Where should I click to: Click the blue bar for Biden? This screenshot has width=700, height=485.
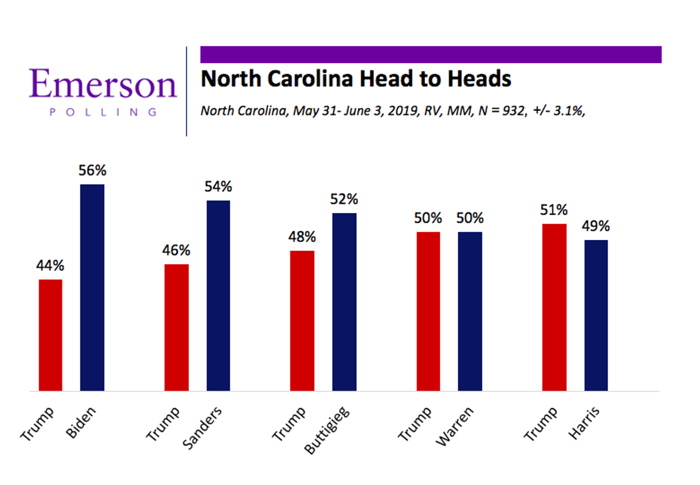(92, 287)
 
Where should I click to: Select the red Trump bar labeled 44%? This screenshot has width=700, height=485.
(50, 335)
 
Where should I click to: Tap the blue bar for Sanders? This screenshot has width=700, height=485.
(218, 295)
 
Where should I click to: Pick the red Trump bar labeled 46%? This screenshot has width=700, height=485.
(176, 327)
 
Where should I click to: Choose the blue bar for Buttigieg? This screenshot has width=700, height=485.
(344, 302)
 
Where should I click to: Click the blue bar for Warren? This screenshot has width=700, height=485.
(470, 311)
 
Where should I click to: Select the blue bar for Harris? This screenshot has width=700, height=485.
(596, 315)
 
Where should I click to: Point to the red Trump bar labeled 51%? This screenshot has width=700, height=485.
(554, 307)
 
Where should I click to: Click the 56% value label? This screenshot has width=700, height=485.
(92, 171)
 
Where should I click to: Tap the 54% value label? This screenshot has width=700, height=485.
(218, 187)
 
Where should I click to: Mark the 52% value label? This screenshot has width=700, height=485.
(344, 200)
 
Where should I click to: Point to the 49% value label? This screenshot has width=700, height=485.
(596, 226)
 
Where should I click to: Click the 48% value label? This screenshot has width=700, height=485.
(302, 237)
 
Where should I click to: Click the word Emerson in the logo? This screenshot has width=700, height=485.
(103, 84)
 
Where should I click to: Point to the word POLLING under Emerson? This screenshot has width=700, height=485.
(103, 112)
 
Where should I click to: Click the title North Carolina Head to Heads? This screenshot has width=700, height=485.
(356, 78)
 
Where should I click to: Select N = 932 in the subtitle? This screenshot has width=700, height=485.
(503, 111)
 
